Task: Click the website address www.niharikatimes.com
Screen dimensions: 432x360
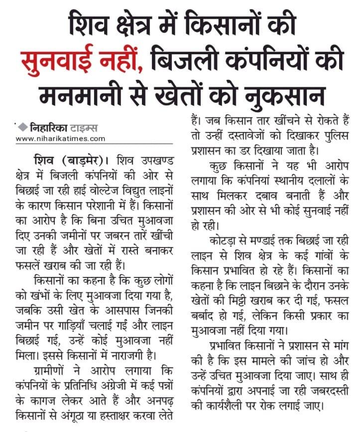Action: pos(60,139)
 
